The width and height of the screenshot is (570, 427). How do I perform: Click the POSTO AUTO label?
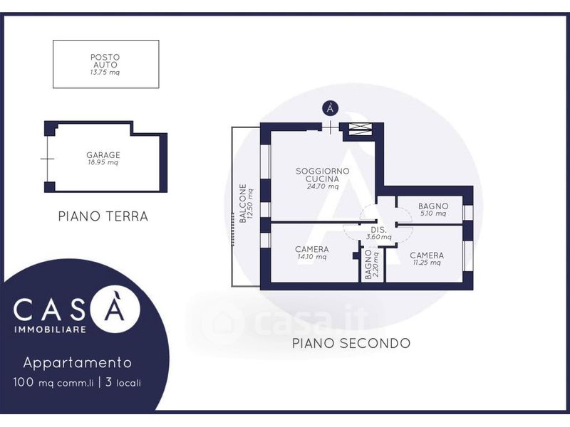(x=105, y=60)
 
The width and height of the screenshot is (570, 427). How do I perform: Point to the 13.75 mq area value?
(x=105, y=72)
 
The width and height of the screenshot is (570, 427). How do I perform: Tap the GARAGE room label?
(x=103, y=154)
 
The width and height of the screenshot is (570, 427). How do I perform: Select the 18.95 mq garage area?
(x=103, y=162)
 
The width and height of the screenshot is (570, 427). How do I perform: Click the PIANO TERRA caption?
(x=103, y=216)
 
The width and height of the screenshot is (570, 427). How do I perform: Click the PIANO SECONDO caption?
(x=351, y=343)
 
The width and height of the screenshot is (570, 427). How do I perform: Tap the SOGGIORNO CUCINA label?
(x=323, y=175)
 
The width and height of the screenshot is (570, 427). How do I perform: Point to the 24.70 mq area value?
(x=323, y=187)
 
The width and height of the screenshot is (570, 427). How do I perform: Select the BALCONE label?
(x=243, y=204)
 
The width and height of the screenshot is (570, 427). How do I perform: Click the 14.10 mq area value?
(x=311, y=257)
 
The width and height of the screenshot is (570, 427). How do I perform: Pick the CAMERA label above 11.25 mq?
(x=427, y=255)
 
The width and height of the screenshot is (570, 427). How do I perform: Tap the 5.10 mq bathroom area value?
(x=432, y=213)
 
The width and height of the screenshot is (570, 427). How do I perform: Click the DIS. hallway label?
(x=378, y=230)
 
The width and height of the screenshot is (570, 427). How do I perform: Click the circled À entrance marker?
(x=330, y=109)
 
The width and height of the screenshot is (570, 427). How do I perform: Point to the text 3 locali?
(x=123, y=382)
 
